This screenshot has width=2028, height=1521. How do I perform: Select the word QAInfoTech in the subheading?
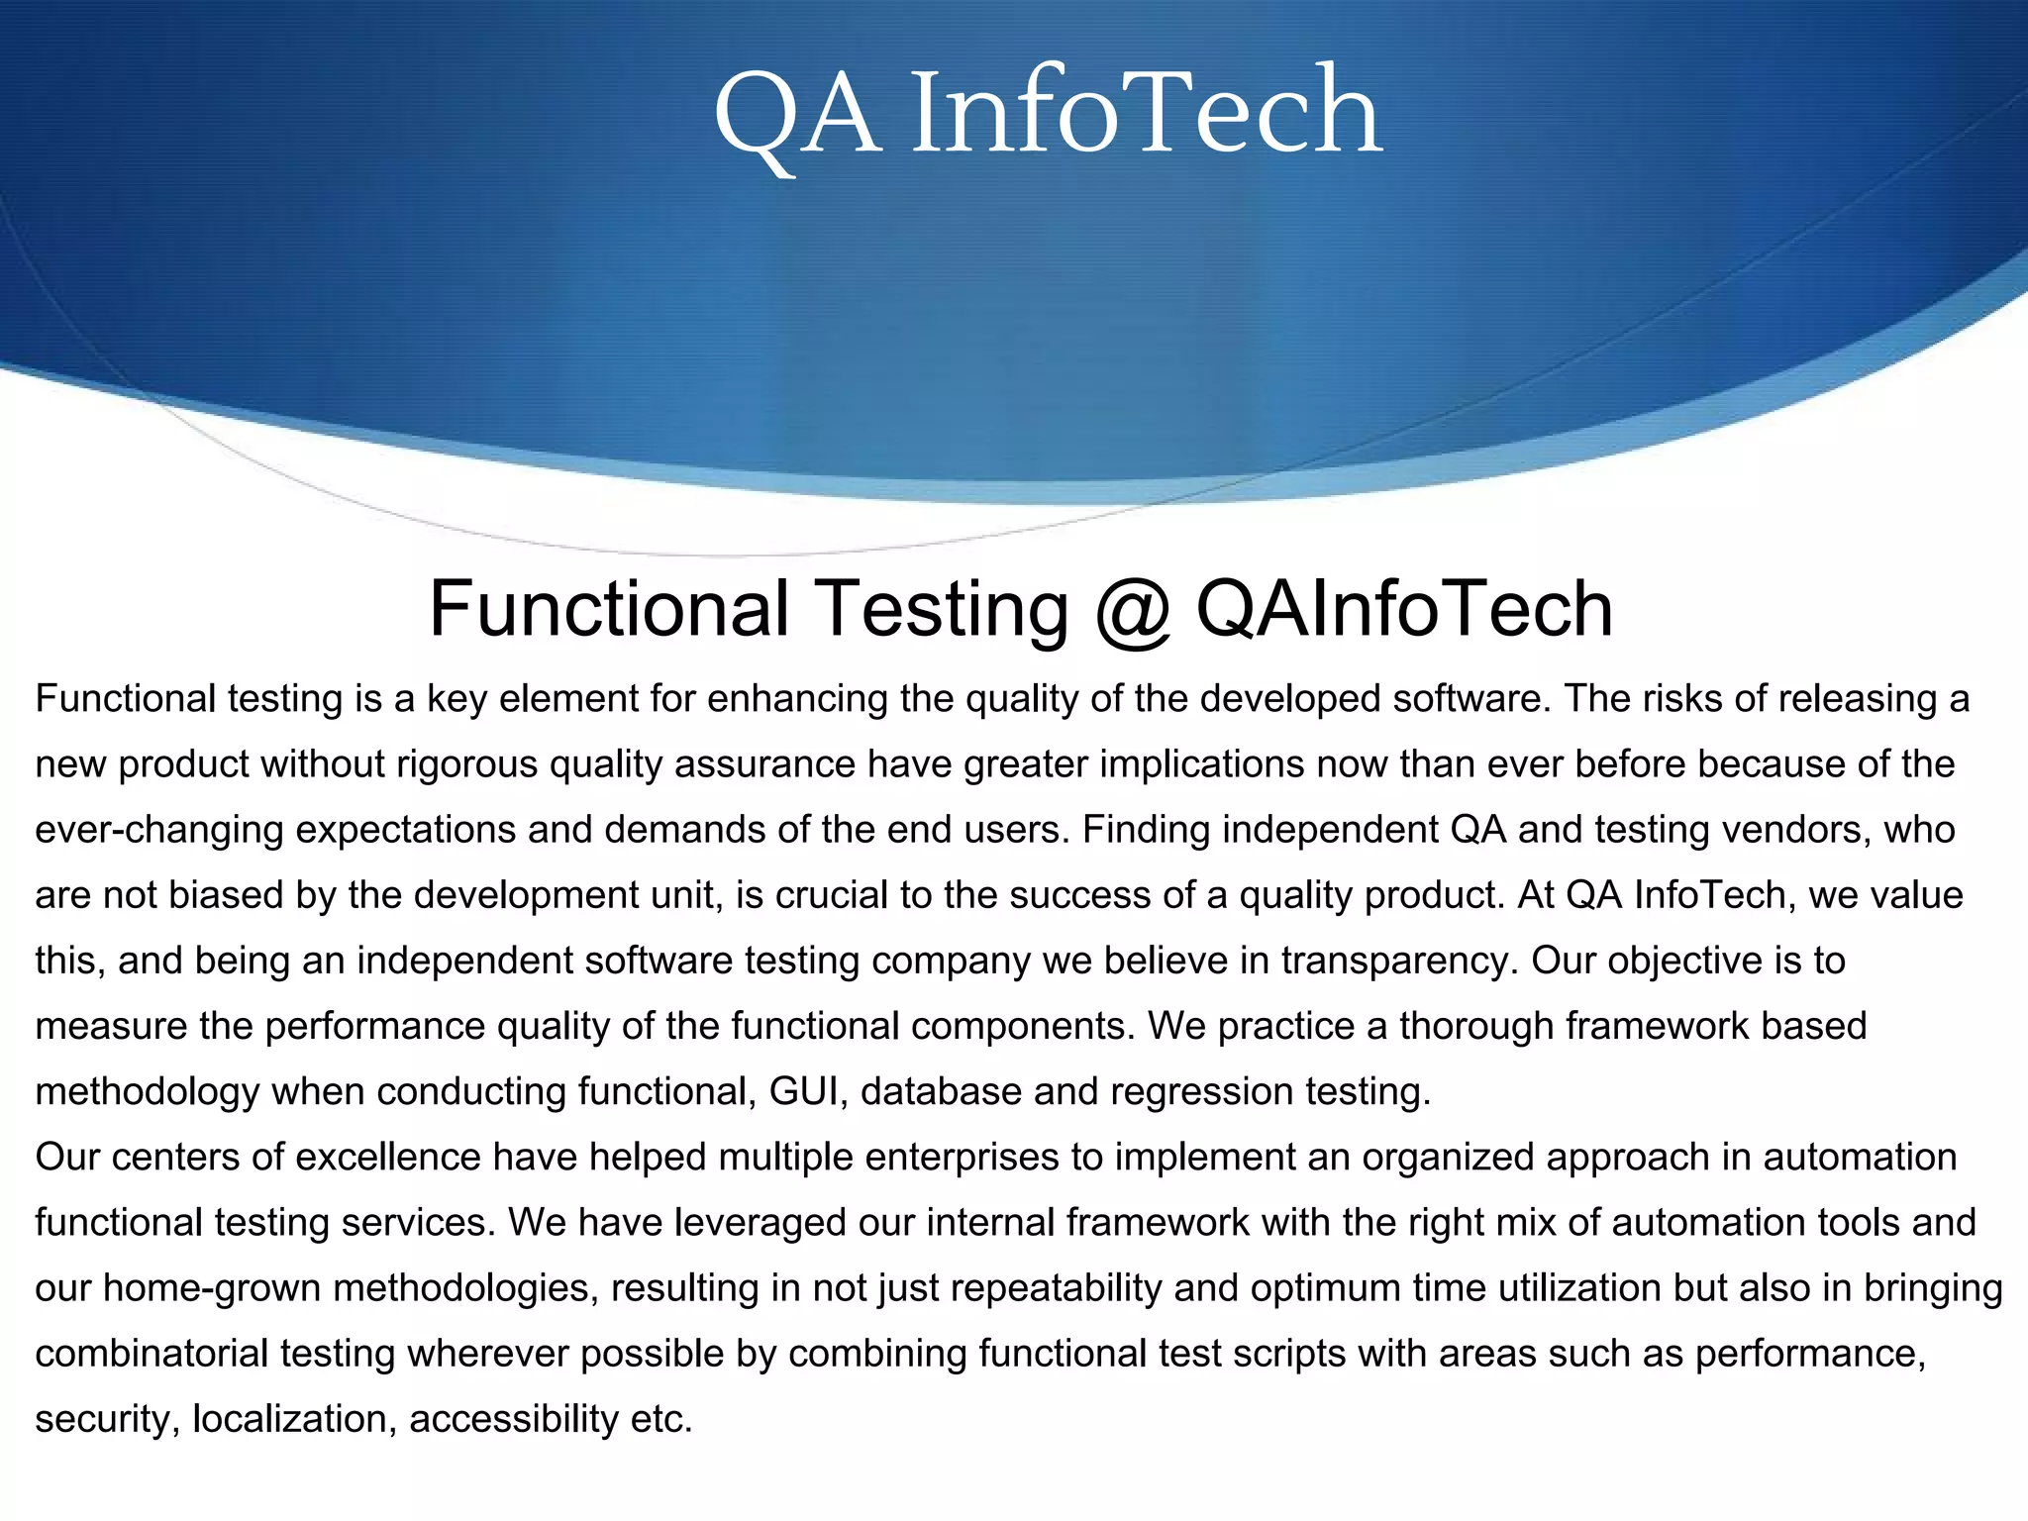pos(1404,608)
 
